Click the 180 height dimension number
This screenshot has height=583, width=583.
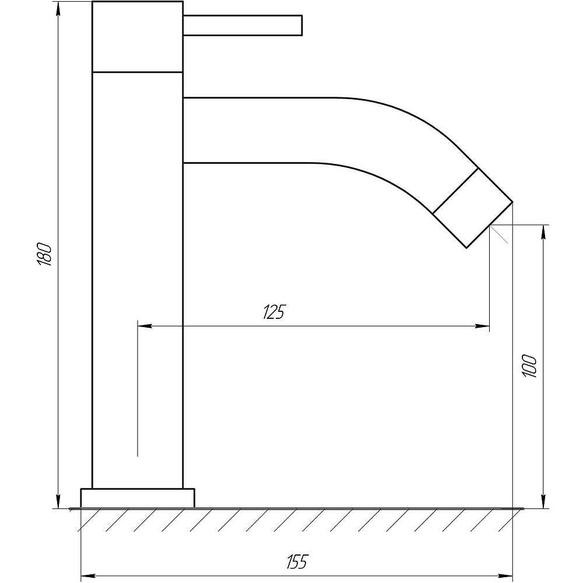pos(44,254)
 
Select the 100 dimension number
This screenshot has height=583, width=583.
pos(529,366)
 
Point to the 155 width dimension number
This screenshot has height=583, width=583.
pos(297,561)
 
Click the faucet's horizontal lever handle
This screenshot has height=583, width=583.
pos(243,25)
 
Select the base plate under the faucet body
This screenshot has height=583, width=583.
pos(138,498)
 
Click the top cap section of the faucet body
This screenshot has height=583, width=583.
pos(138,36)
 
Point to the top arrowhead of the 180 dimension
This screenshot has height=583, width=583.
pos(58,9)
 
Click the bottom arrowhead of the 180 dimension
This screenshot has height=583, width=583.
pos(58,501)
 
